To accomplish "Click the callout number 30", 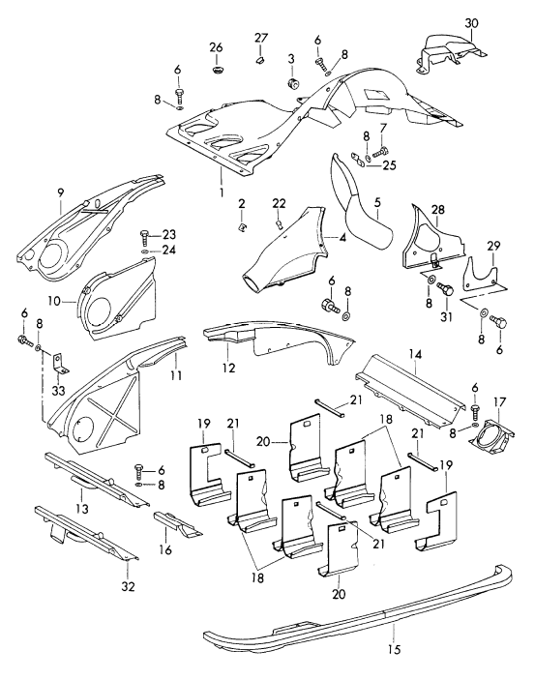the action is pyautogui.click(x=472, y=22).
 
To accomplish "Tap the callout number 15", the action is pyautogui.click(x=395, y=649).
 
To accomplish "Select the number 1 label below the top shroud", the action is pyautogui.click(x=222, y=192).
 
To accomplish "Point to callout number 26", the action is pyautogui.click(x=216, y=46).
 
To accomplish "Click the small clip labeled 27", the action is pyautogui.click(x=261, y=60).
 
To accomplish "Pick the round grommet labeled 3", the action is pyautogui.click(x=293, y=84).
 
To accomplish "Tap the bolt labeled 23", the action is pyautogui.click(x=145, y=237).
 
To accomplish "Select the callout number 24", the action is pyautogui.click(x=169, y=251).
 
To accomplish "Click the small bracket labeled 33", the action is pyautogui.click(x=59, y=364).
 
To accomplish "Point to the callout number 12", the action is pyautogui.click(x=228, y=368).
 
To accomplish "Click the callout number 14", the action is pyautogui.click(x=415, y=354).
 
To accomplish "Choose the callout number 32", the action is pyautogui.click(x=129, y=586).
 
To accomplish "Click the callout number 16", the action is pyautogui.click(x=165, y=549).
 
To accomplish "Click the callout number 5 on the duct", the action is pyautogui.click(x=377, y=201).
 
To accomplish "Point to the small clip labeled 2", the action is pyautogui.click(x=243, y=226).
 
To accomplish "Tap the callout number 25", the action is pyautogui.click(x=389, y=165).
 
